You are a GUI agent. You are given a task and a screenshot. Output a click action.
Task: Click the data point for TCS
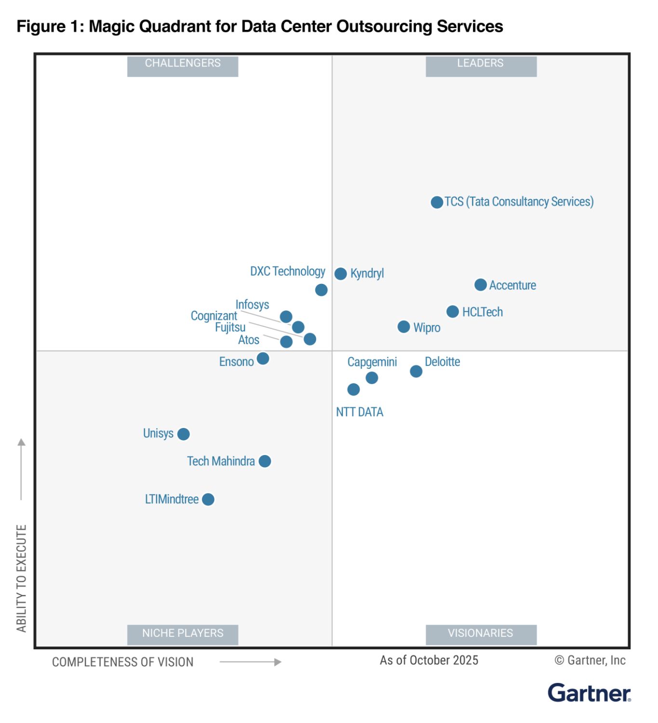pos(437,202)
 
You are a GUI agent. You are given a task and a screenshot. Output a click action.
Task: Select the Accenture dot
pos(480,285)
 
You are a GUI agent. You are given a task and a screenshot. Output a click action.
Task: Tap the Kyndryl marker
pos(341,274)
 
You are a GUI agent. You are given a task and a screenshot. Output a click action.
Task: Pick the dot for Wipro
pos(403,327)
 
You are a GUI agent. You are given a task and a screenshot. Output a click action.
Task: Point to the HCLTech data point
pos(452,311)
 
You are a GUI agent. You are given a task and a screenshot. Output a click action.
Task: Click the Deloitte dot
pos(416,371)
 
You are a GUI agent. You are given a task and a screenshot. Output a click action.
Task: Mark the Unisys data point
pos(183,434)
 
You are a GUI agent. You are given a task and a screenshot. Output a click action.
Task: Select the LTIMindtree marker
pos(208,499)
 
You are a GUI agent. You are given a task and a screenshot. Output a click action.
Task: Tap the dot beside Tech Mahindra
pos(265,461)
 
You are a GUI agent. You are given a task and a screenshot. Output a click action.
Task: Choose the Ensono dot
pos(263,359)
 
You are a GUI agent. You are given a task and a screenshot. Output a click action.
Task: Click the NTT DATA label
pos(360,412)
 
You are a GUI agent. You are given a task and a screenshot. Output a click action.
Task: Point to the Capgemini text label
pos(372,362)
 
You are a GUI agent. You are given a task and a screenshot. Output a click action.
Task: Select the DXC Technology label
pos(287,271)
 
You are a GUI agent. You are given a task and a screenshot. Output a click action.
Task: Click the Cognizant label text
pos(214,316)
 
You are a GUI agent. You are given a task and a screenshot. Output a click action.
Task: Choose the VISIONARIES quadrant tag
pos(481,633)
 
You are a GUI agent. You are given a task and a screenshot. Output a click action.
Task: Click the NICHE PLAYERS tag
pos(183,633)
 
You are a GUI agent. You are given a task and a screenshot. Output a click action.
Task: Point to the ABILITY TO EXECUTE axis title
pos(21,578)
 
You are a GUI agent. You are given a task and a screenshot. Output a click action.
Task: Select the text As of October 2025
pos(429,660)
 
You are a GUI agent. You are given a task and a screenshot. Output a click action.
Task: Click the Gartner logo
pos(589,693)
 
